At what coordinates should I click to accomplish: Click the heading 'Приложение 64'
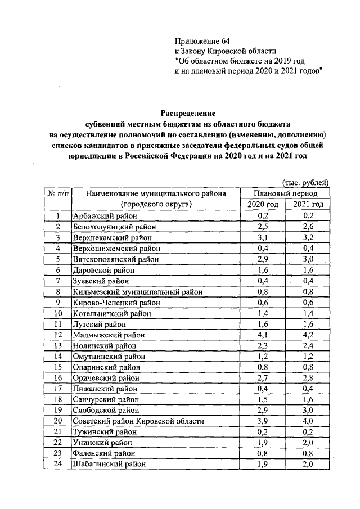click(202, 41)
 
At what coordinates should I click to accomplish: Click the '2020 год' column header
click(263, 204)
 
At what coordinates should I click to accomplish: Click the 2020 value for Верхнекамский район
click(263, 238)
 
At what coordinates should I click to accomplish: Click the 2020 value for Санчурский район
click(263, 399)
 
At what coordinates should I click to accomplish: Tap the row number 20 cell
click(57, 421)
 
